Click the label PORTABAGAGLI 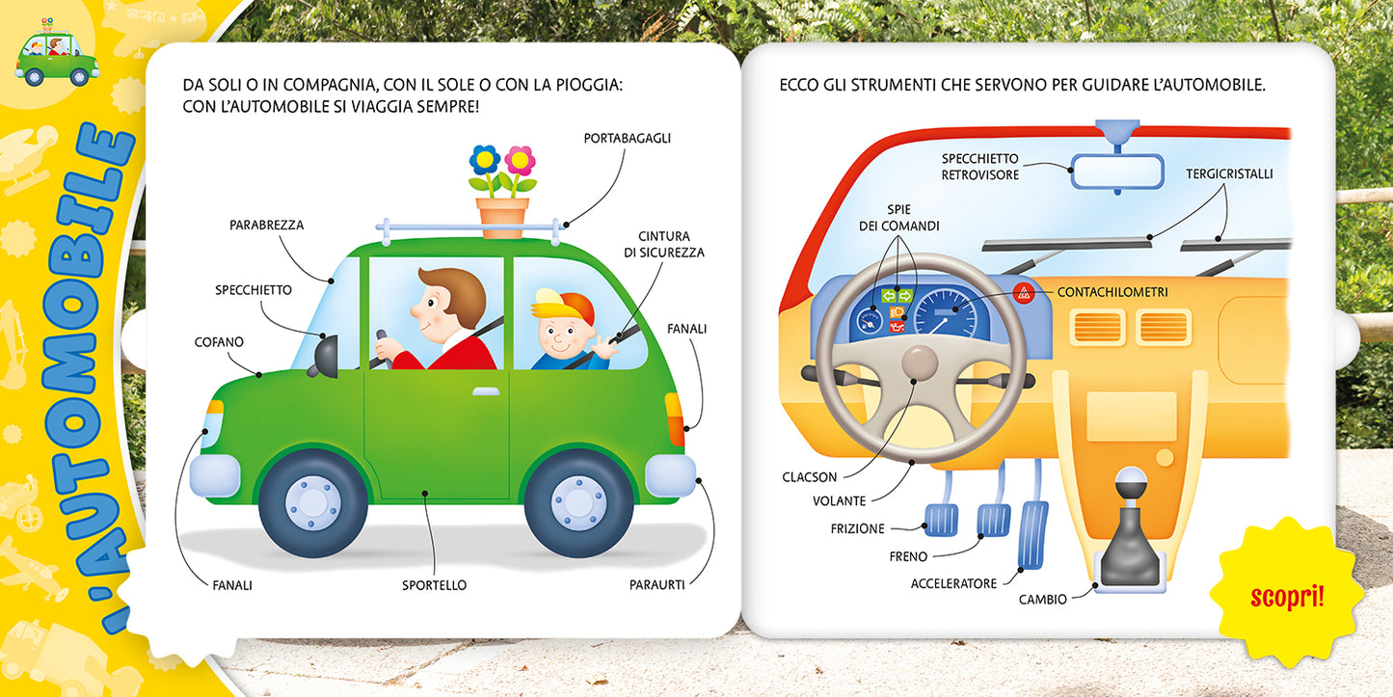(x=627, y=138)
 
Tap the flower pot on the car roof (x=502, y=217)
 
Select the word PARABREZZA (x=266, y=225)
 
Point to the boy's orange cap (x=568, y=305)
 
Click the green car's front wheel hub (x=312, y=502)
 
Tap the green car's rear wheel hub (x=578, y=502)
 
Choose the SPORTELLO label (x=434, y=584)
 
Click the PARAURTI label (x=656, y=584)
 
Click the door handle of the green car (x=486, y=391)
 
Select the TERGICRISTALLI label (x=1229, y=174)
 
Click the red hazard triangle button (x=1024, y=291)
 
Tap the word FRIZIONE (x=857, y=528)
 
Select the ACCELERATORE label (x=953, y=583)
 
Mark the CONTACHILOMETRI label (x=1112, y=291)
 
